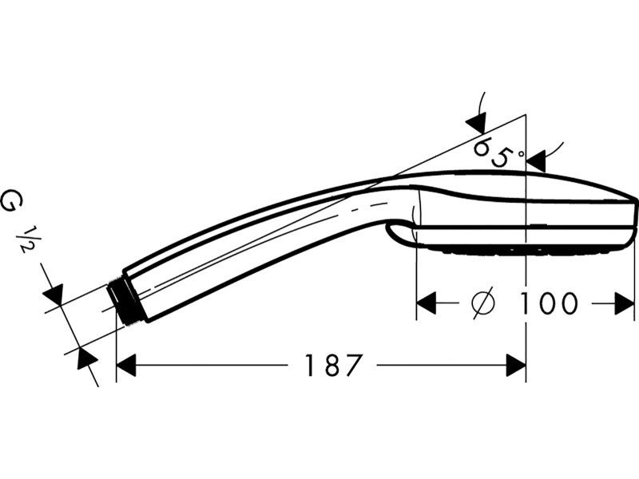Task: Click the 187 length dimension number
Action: coord(333,365)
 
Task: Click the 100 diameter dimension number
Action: coord(548,303)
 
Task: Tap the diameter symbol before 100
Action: coord(483,303)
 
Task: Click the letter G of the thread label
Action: coord(11,202)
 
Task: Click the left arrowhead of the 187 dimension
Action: coord(126,365)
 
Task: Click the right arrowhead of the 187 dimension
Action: coord(516,365)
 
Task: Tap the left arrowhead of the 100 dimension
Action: coord(426,303)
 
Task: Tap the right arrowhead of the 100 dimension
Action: coord(625,303)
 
